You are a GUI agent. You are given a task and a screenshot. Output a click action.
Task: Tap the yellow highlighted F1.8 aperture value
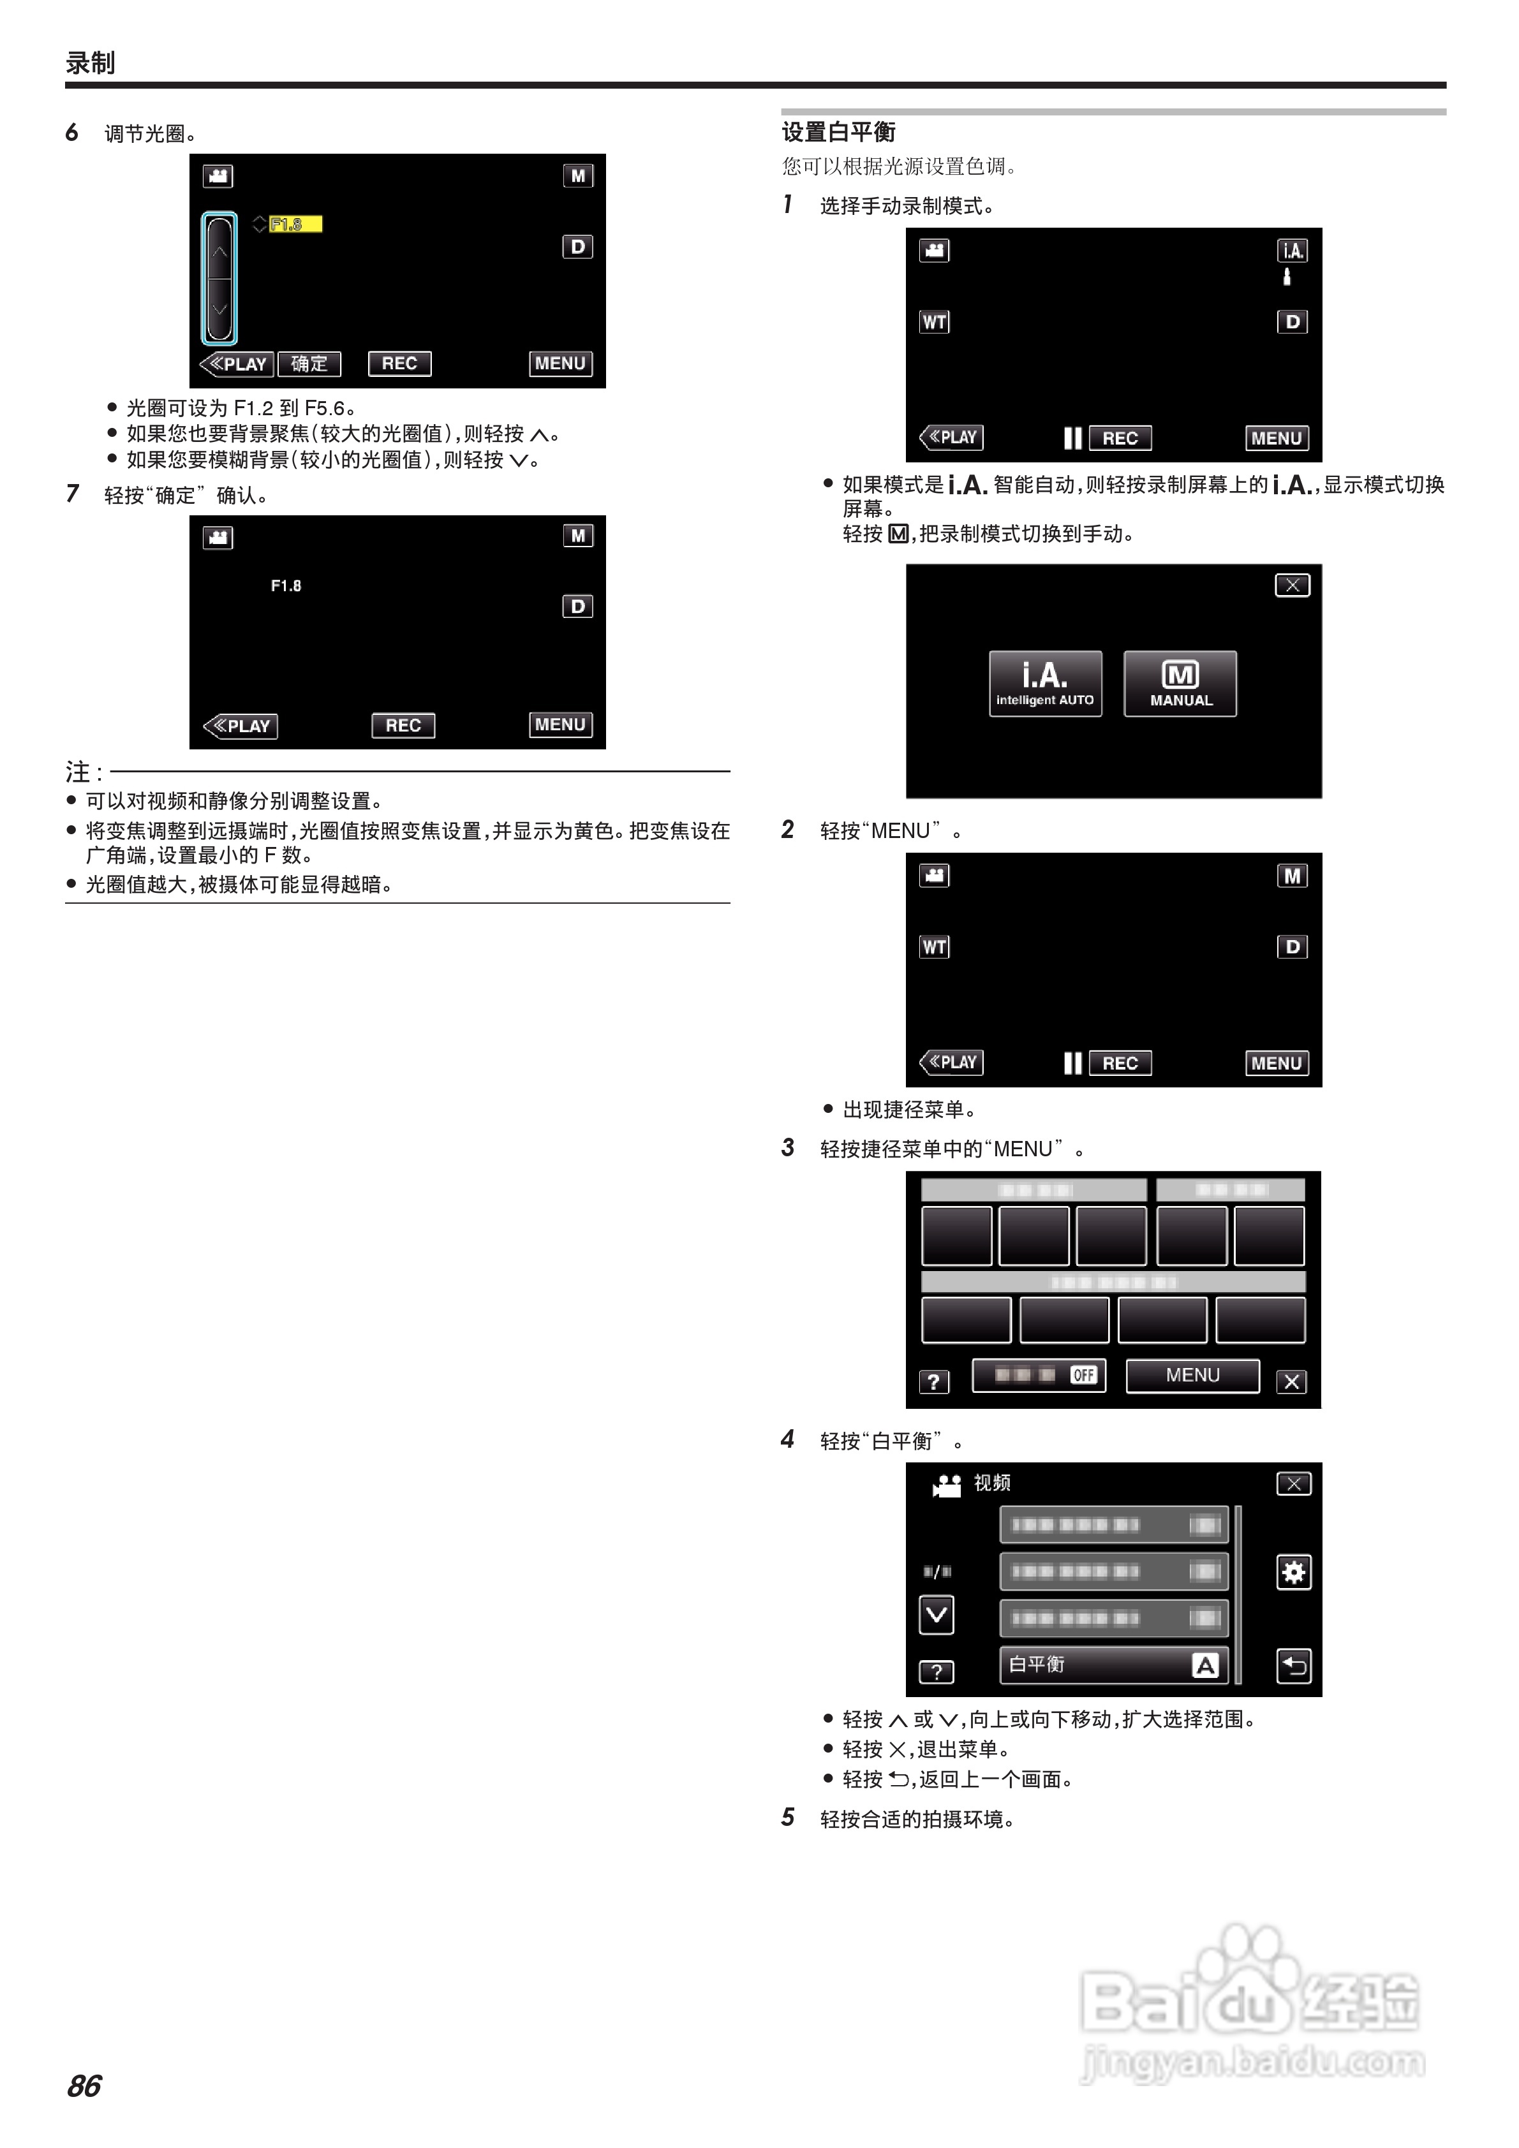[294, 224]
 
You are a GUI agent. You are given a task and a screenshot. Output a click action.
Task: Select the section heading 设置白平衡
[838, 133]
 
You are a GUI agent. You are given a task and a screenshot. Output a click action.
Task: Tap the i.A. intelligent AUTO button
[1044, 684]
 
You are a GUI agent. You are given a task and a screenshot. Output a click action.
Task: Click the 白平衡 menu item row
[1113, 1665]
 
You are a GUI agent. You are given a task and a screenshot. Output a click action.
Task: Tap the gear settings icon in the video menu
[1293, 1573]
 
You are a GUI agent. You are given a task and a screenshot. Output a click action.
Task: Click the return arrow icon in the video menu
[1293, 1665]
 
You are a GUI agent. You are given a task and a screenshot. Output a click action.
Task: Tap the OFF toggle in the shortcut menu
[1083, 1375]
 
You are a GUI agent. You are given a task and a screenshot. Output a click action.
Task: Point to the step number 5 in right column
[788, 1817]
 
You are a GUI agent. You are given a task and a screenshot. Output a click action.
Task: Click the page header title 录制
[90, 63]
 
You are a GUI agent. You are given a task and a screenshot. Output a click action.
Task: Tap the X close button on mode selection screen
[1292, 585]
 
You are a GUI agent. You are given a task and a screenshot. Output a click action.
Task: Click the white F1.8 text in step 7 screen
[285, 585]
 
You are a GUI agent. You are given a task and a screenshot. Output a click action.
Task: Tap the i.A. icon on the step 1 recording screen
[1292, 251]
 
